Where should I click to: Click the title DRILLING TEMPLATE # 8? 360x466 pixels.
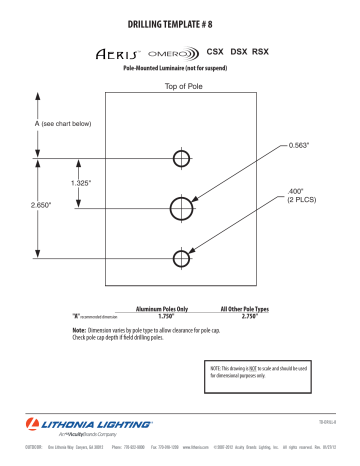click(x=180, y=22)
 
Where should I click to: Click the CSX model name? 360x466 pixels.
click(x=215, y=48)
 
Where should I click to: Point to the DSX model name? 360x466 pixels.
click(x=240, y=48)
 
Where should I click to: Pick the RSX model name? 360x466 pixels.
click(x=263, y=48)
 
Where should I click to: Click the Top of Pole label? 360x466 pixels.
click(x=182, y=86)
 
